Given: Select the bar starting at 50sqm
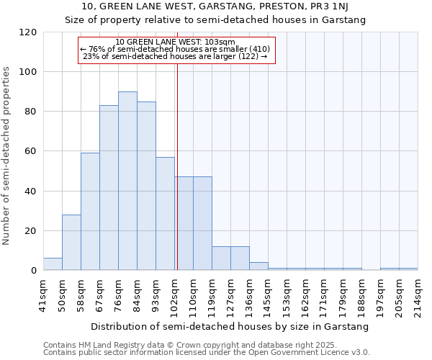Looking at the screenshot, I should [x=71, y=243].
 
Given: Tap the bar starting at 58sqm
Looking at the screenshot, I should [x=90, y=212].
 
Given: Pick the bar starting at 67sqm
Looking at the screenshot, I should [x=109, y=188].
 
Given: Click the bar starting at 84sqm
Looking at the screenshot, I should [x=146, y=186].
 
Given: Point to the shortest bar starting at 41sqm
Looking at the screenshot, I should [x=53, y=264].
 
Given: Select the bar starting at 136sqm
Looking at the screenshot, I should [x=258, y=266].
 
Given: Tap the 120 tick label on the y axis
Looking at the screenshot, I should [x=28, y=32].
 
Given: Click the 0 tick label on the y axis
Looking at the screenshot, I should [x=34, y=271].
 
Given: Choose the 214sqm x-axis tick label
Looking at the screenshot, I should [x=418, y=293].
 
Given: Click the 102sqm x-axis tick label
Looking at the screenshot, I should [x=175, y=293].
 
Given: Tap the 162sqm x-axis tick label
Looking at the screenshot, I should [x=306, y=293].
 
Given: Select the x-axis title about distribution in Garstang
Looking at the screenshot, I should [x=230, y=326].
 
